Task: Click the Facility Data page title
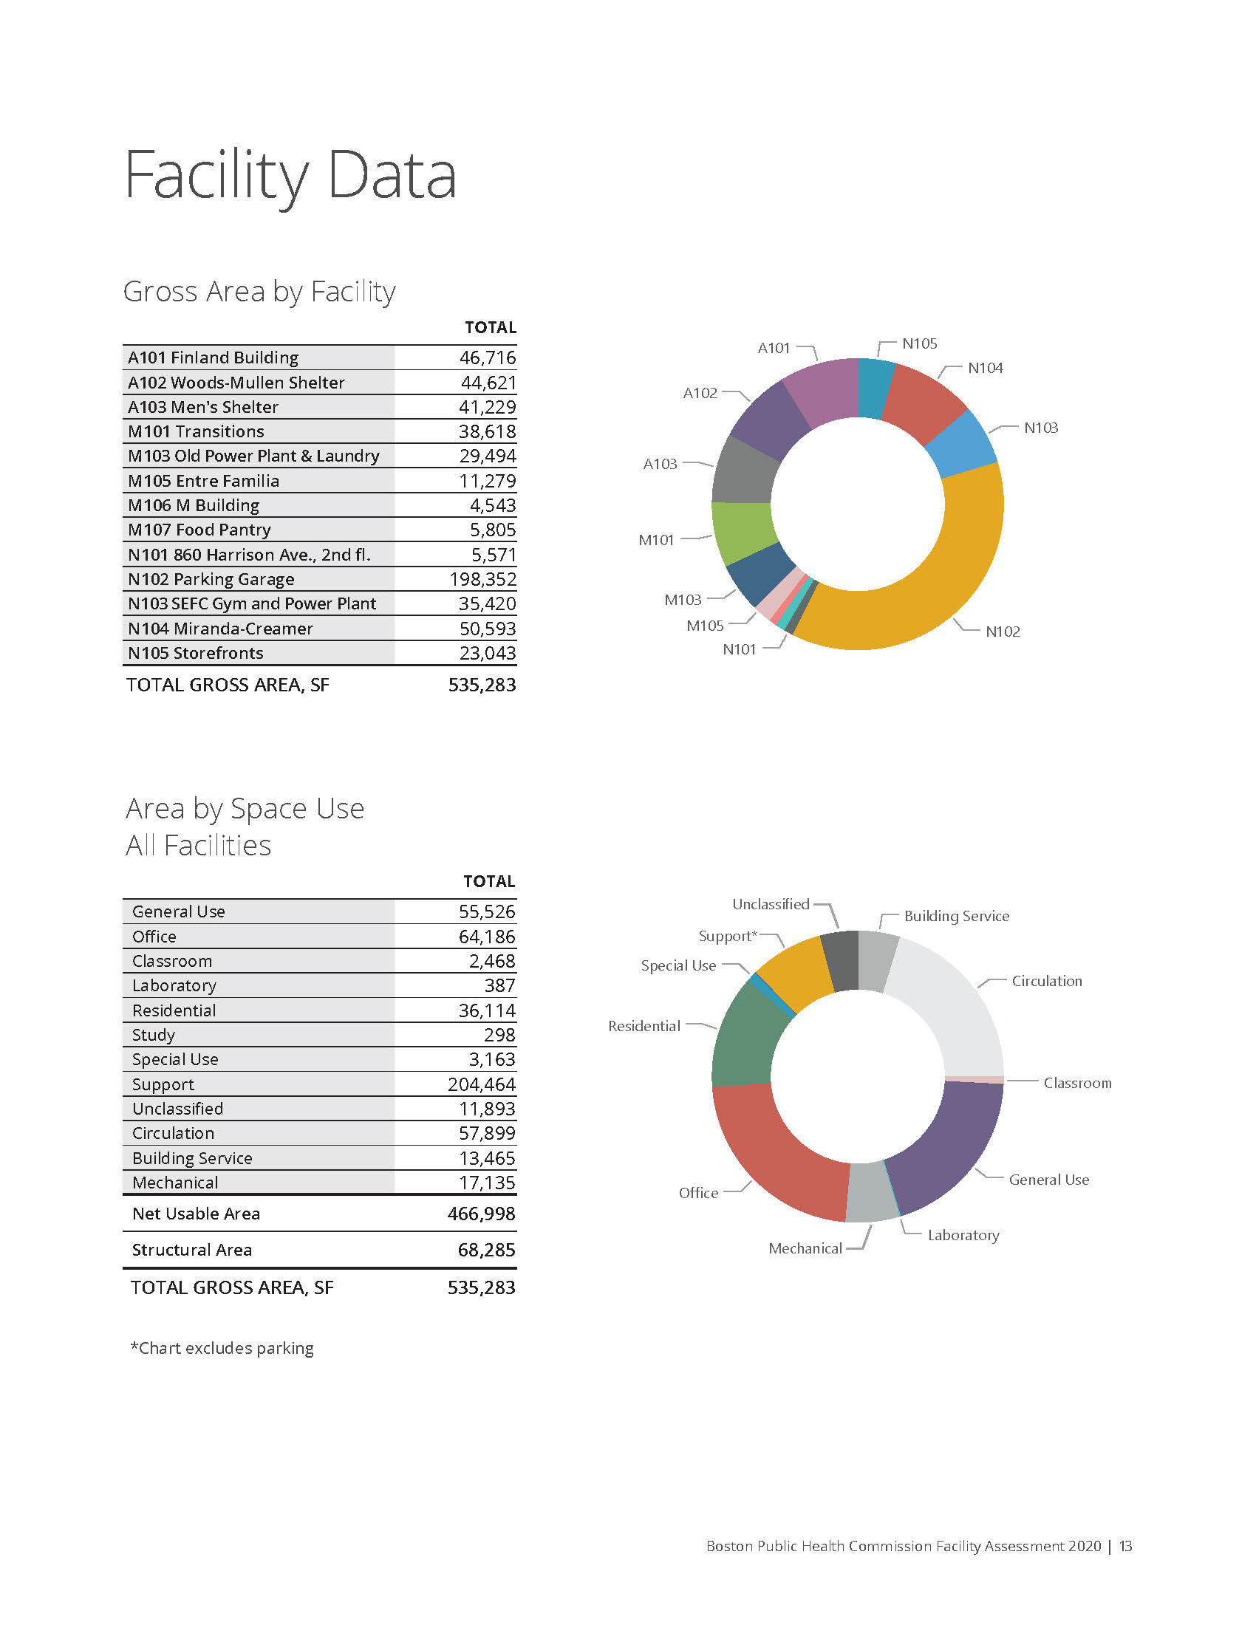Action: point(290,176)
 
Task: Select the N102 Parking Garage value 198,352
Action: point(482,579)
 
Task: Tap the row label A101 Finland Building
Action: point(213,358)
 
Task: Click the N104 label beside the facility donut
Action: point(985,369)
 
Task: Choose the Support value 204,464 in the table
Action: point(482,1084)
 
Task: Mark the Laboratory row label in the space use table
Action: point(174,986)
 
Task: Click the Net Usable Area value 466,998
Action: point(482,1214)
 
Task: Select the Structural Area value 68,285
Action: point(487,1250)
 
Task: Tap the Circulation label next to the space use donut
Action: point(1046,982)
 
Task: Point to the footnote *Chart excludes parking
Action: point(222,1348)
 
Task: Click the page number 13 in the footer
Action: point(1126,1546)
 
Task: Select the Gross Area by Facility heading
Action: point(259,291)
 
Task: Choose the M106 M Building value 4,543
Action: point(493,505)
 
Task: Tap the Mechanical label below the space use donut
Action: point(805,1248)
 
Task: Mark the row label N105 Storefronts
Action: point(196,653)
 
